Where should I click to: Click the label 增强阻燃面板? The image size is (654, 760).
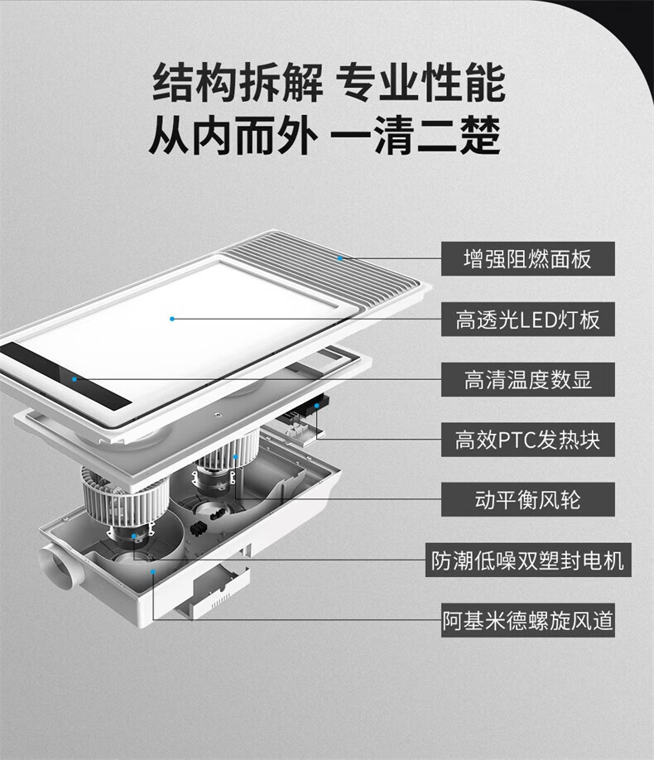pos(527,259)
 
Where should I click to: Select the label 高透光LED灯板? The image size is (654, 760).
pos(527,320)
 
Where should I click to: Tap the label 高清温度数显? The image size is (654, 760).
pos(527,379)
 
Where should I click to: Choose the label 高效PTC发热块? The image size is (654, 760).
pos(527,440)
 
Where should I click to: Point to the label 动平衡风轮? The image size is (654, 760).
pos(527,499)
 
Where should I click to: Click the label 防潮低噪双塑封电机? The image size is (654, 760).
pos(528,560)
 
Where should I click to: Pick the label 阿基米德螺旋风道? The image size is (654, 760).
pos(527,620)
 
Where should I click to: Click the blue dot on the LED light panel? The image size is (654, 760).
pos(172,319)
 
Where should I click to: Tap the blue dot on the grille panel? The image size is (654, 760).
pos(340,258)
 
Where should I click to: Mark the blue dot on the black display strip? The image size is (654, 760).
pos(75,379)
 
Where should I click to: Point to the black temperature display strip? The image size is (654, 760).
pos(66,375)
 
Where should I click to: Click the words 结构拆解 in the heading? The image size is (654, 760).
pos(238,83)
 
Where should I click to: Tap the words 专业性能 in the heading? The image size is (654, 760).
pos(421,83)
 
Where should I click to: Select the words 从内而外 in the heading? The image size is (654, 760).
pos(233,135)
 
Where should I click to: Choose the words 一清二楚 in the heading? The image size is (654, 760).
pos(416,135)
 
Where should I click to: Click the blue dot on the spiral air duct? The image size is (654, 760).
pos(152,572)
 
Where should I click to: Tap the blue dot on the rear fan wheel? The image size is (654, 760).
pos(235,457)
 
